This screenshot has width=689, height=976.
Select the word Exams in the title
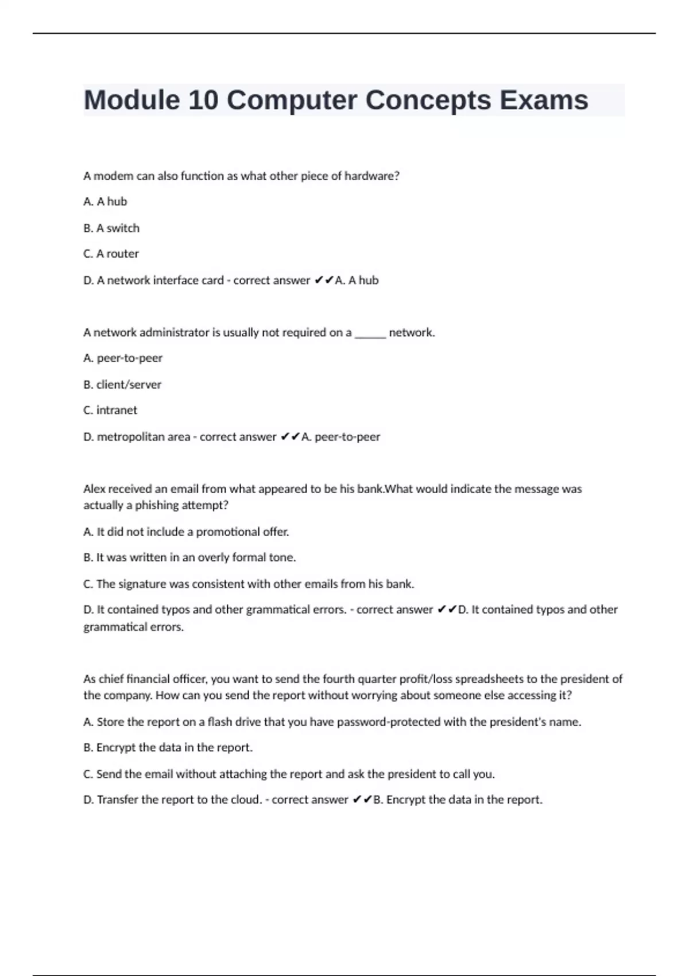point(543,100)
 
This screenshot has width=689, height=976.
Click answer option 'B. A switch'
point(111,228)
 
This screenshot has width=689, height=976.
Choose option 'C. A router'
point(111,254)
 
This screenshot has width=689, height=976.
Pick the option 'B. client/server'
point(122,385)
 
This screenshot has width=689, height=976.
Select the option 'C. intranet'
point(110,410)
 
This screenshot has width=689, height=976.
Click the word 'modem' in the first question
point(113,176)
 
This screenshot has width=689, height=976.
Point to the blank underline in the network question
point(370,333)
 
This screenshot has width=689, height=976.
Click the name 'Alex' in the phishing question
point(95,489)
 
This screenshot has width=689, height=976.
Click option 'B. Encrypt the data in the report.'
point(168,748)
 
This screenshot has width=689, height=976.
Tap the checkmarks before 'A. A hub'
point(324,281)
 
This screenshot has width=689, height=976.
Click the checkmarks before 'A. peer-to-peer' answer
point(290,437)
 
